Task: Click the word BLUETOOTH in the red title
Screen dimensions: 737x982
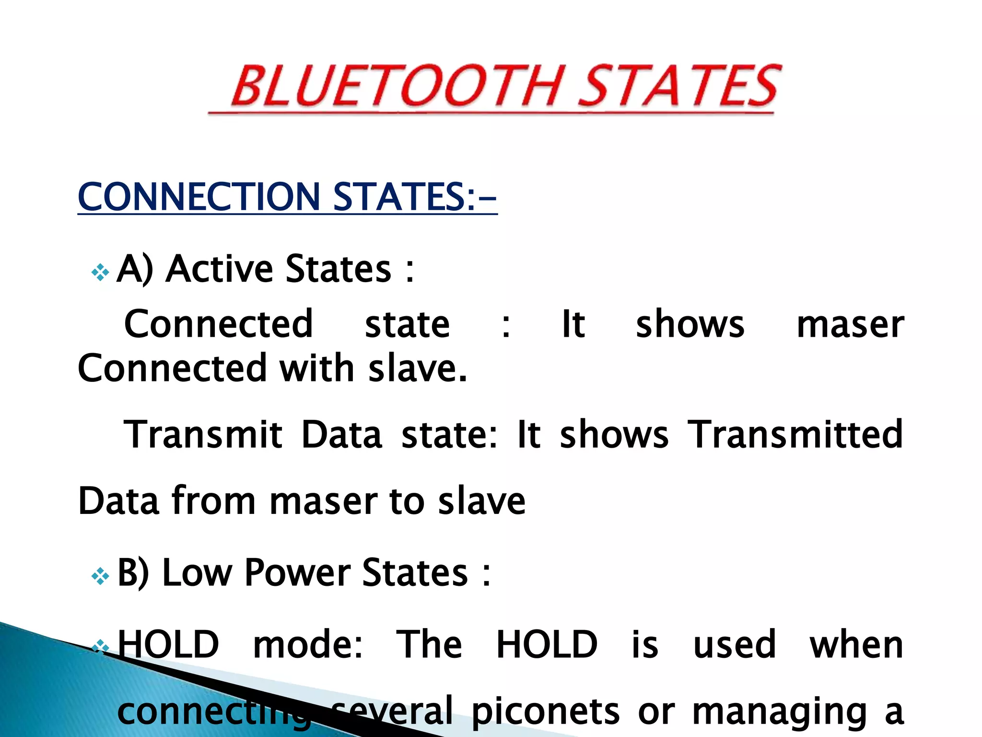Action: click(x=396, y=86)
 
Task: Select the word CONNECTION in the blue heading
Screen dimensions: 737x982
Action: click(x=199, y=197)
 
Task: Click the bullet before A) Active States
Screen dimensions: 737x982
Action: click(x=100, y=272)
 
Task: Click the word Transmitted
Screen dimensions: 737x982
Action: click(x=795, y=435)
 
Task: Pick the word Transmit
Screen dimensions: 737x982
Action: click(x=203, y=435)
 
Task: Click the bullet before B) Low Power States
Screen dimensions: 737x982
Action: click(x=100, y=576)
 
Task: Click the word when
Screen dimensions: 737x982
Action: click(x=856, y=644)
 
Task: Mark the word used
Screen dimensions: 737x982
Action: click(x=735, y=644)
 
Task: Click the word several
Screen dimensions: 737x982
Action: click(x=393, y=710)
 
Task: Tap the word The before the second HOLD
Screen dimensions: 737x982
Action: click(x=429, y=644)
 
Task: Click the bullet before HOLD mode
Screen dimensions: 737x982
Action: click(x=100, y=648)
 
